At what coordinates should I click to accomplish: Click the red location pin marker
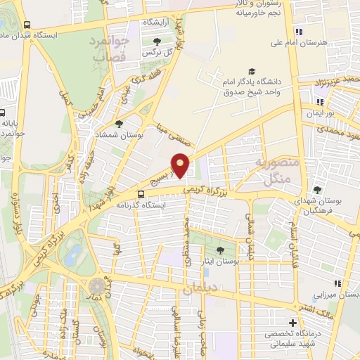pyautogui.click(x=181, y=165)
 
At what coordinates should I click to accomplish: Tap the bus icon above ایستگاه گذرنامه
pyautogui.click(x=141, y=194)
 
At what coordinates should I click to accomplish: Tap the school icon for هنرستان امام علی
pyautogui.click(x=298, y=32)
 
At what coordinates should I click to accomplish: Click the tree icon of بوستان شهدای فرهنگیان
pyautogui.click(x=318, y=190)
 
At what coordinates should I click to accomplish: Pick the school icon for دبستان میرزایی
pyautogui.click(x=338, y=283)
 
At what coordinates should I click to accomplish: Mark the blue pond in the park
pyautogui.click(x=72, y=255)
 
